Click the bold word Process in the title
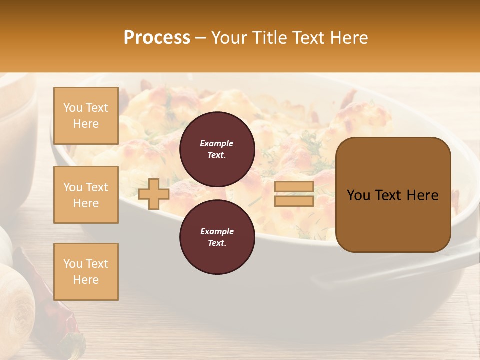click(x=157, y=38)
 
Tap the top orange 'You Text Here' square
click(x=86, y=116)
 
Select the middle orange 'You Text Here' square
click(x=86, y=195)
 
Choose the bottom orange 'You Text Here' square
click(x=86, y=271)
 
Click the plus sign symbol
click(x=154, y=194)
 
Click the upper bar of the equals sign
click(x=294, y=186)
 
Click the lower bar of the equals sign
click(x=294, y=201)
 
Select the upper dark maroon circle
click(x=217, y=149)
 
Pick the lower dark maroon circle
click(x=217, y=237)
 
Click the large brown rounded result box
click(x=393, y=194)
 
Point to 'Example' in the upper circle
click(x=217, y=143)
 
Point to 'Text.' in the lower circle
click(x=217, y=243)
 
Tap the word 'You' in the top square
click(x=73, y=108)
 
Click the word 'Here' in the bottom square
click(x=86, y=280)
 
